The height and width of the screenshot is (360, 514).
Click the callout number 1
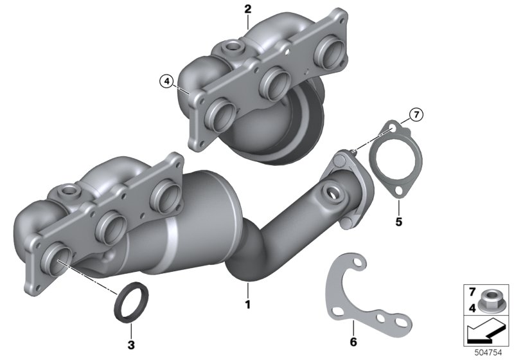(248, 304)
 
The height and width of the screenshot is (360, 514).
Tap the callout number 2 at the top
(248, 9)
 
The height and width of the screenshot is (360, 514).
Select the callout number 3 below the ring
(131, 345)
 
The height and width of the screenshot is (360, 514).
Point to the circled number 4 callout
(167, 81)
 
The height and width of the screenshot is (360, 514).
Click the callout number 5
(398, 222)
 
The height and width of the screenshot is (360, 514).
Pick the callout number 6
(353, 342)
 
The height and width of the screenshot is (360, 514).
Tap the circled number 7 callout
(416, 115)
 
